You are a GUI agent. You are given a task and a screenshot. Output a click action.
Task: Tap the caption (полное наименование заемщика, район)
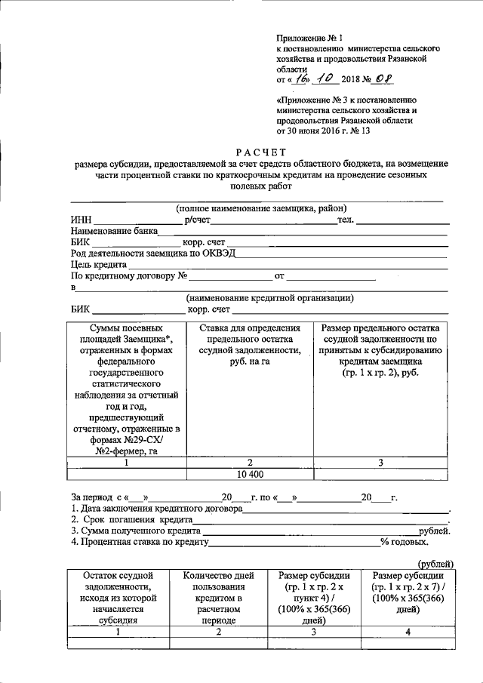(261, 209)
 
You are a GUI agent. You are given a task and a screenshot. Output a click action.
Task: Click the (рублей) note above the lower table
(436, 563)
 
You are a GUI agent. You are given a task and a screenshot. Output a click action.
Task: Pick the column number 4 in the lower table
(408, 632)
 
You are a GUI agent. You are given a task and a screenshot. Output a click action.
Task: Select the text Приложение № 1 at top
(309, 36)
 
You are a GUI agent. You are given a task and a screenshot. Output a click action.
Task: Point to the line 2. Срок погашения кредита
(133, 520)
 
